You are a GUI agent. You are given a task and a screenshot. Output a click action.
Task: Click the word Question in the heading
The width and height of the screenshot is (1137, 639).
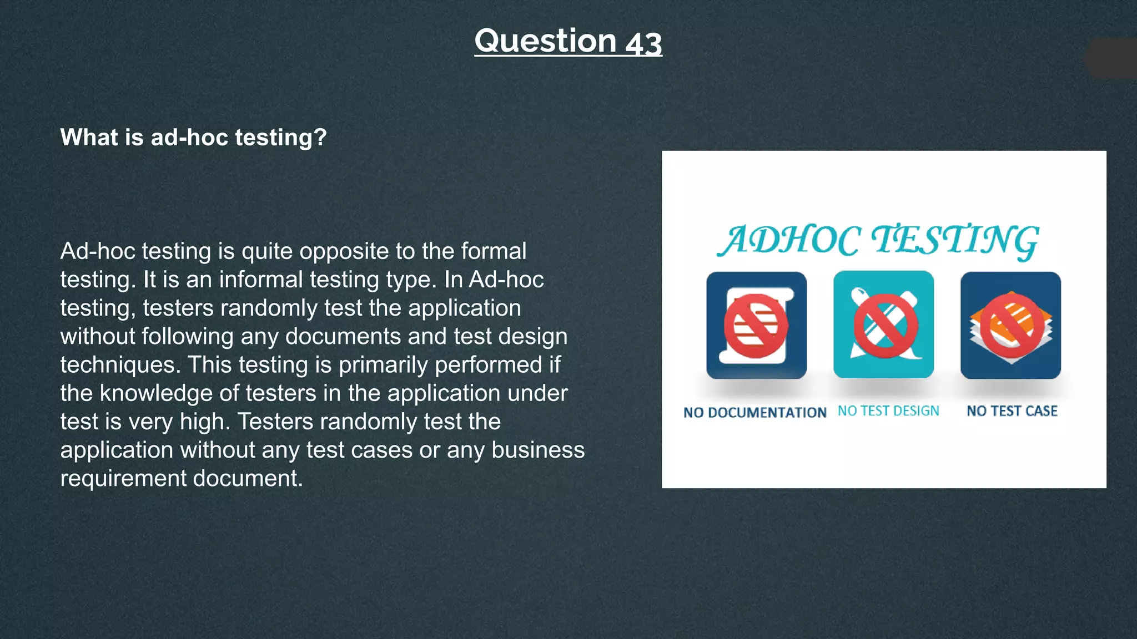545,41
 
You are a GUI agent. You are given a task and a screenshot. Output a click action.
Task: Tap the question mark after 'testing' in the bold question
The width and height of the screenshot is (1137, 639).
320,137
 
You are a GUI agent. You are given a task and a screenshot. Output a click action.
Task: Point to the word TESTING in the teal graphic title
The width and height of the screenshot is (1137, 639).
954,241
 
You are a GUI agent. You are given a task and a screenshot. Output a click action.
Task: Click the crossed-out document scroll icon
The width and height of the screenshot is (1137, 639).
756,326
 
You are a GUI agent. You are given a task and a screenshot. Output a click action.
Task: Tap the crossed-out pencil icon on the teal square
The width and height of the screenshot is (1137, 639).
883,325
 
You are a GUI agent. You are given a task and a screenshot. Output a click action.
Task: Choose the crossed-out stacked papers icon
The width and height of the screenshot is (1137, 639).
1010,326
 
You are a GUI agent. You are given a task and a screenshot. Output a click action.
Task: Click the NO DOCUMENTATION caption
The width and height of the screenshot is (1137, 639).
754,413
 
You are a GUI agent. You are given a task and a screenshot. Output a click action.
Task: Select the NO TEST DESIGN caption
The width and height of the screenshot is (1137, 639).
888,411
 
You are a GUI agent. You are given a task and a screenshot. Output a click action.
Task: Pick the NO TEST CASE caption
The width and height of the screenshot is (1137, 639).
1012,411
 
